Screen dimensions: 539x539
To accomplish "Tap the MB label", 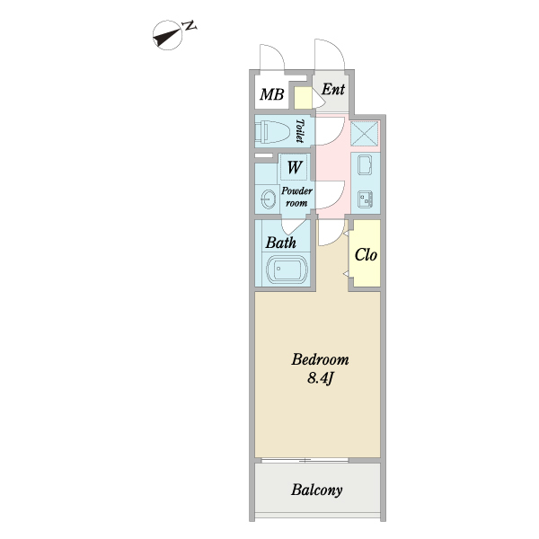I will (271, 93).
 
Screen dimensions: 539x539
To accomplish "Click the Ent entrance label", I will (332, 90).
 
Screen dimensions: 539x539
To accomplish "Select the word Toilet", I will (300, 132).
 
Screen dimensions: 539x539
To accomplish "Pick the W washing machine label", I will (295, 167).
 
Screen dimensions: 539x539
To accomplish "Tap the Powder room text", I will (297, 197).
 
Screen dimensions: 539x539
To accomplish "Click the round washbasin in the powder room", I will (267, 198).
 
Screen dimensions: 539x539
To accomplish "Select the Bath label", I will (280, 242).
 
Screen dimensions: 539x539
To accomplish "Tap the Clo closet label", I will (365, 255).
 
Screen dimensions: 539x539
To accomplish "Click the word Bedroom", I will (319, 360).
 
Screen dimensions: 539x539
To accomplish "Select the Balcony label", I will (317, 490).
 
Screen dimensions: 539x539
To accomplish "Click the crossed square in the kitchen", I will (364, 134).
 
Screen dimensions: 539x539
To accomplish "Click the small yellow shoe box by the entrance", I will (302, 98).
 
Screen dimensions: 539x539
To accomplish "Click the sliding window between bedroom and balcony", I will (305, 460).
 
